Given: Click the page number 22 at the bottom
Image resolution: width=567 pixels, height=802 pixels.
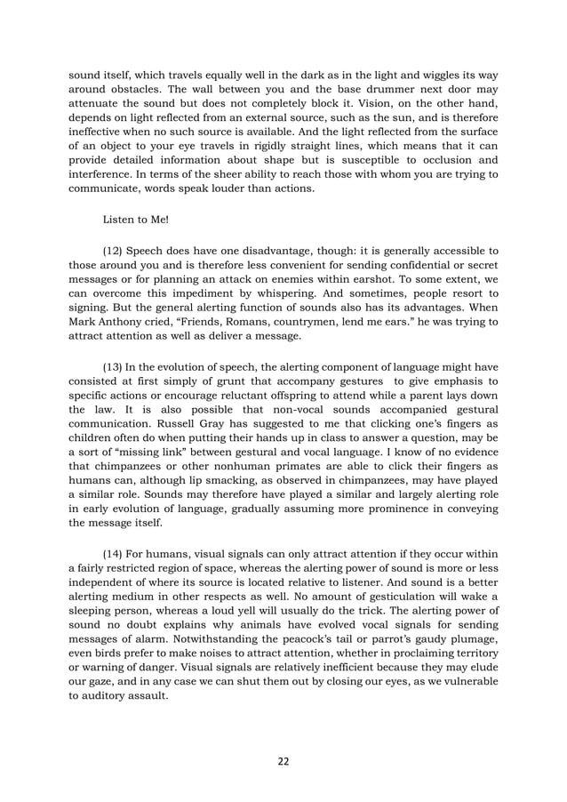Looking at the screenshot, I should pyautogui.click(x=283, y=761).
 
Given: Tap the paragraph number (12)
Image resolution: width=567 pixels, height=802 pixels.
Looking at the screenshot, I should pyautogui.click(x=118, y=251).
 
